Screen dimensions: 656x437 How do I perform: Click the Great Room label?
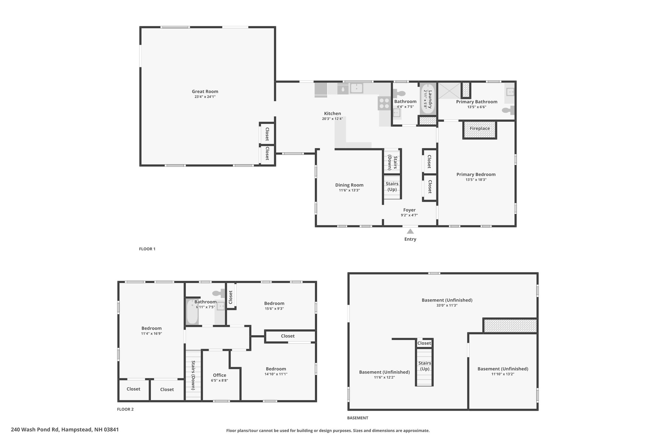(205, 92)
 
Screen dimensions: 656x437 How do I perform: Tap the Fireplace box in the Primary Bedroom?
(480, 130)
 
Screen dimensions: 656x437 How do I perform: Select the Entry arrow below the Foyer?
(410, 231)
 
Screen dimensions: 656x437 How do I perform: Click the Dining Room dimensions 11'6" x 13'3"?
(349, 190)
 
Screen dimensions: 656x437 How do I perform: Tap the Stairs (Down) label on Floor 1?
(392, 163)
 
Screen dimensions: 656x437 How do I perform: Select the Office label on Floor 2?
(219, 375)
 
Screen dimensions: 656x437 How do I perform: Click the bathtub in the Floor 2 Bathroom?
(192, 312)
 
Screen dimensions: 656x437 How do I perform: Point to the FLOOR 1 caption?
(147, 249)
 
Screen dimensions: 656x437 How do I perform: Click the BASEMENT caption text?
(357, 418)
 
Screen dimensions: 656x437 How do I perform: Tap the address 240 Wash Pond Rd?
(35, 430)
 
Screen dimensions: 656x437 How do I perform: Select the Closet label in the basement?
(424, 343)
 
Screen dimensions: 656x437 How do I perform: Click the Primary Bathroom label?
(477, 102)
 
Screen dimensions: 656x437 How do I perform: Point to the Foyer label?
(409, 210)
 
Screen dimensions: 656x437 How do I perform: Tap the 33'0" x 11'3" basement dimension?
(447, 305)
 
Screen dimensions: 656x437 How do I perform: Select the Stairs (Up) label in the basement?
(424, 366)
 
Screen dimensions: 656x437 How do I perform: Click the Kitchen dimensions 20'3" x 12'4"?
(332, 119)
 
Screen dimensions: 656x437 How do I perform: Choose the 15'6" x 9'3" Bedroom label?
(274, 303)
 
